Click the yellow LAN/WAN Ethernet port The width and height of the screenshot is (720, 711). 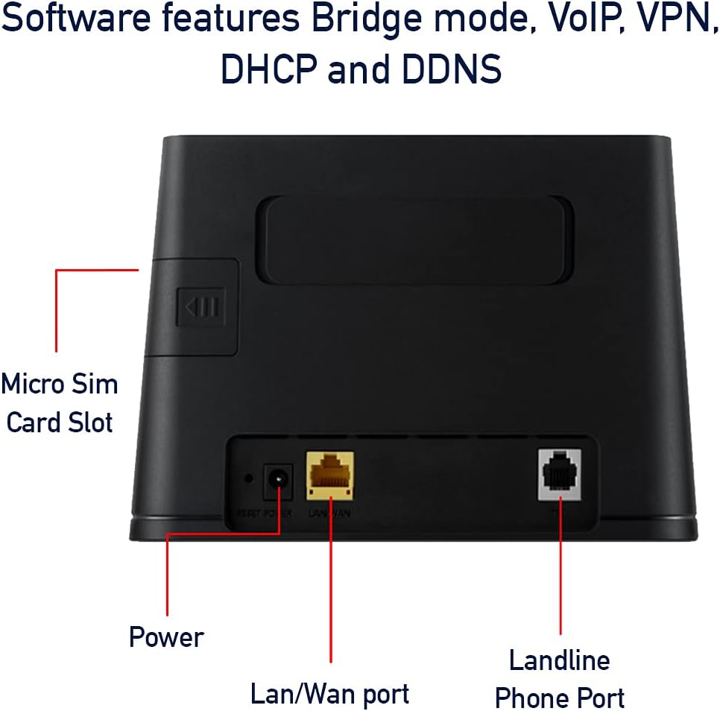point(329,475)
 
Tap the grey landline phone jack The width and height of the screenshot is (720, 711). point(559,475)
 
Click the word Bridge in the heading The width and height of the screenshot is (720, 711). point(361,21)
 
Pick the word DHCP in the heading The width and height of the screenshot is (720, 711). point(267,69)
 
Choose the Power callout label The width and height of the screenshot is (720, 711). point(166,638)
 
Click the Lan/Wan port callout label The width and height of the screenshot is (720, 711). point(329,694)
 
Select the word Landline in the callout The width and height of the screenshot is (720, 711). point(559,660)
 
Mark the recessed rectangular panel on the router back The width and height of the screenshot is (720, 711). point(414,241)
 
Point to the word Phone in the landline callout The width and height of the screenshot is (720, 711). point(529,698)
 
